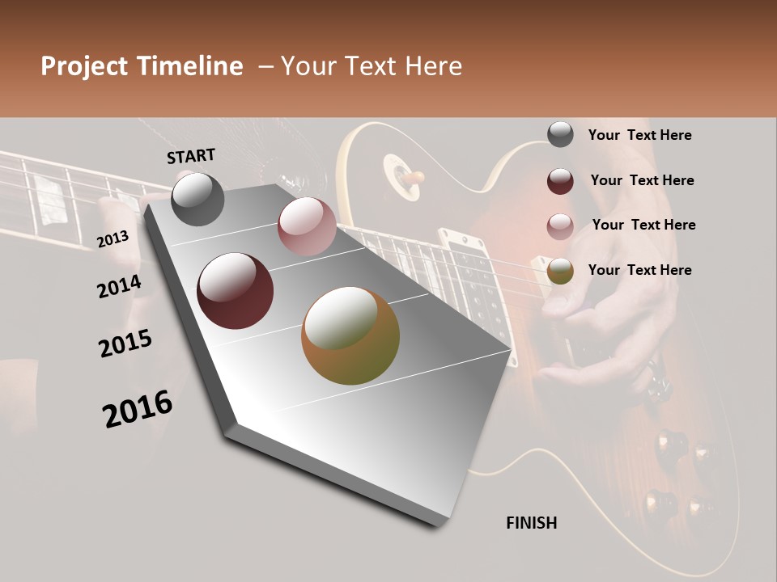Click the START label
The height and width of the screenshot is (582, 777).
pyautogui.click(x=191, y=156)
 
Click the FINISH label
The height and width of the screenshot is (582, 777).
pyautogui.click(x=531, y=523)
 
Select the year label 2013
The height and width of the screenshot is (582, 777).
pyautogui.click(x=113, y=238)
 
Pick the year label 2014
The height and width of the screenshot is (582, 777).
pyautogui.click(x=119, y=287)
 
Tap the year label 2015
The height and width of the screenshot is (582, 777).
pyautogui.click(x=125, y=344)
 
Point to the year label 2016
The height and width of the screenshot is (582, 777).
pyautogui.click(x=138, y=409)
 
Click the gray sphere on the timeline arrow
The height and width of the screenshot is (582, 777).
pyautogui.click(x=197, y=199)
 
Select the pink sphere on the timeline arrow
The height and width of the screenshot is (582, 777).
pyautogui.click(x=307, y=226)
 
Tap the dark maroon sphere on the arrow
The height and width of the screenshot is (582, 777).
pyautogui.click(x=236, y=291)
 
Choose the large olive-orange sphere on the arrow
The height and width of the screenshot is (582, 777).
pyautogui.click(x=350, y=335)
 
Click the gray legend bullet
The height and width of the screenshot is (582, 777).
pyautogui.click(x=560, y=135)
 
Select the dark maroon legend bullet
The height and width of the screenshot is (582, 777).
pyautogui.click(x=560, y=181)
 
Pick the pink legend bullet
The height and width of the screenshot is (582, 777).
pyautogui.click(x=560, y=226)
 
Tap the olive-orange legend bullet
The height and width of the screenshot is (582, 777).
pyautogui.click(x=560, y=272)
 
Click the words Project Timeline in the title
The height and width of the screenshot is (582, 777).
pyautogui.click(x=142, y=66)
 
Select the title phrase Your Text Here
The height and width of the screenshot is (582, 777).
pyautogui.click(x=371, y=66)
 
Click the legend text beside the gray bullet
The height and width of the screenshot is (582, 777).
pyautogui.click(x=639, y=135)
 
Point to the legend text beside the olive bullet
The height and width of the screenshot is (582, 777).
pyautogui.click(x=639, y=270)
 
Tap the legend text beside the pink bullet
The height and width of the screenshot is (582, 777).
pyautogui.click(x=643, y=225)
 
